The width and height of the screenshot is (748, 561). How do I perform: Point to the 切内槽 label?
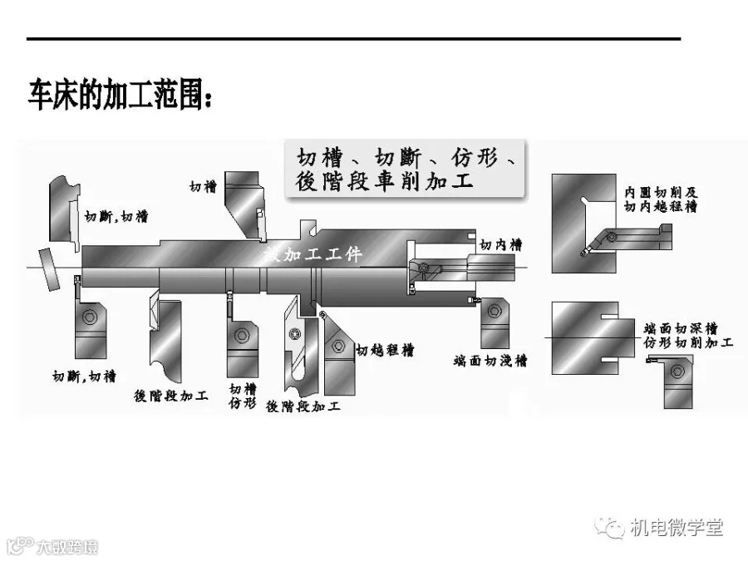pyautogui.click(x=500, y=245)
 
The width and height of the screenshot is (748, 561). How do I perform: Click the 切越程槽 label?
pyautogui.click(x=385, y=350)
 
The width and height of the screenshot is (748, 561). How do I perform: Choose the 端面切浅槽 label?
pyautogui.click(x=491, y=361)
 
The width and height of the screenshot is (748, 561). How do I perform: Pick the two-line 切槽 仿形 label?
pyautogui.click(x=243, y=396)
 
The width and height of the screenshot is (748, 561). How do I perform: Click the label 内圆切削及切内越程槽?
pyautogui.click(x=663, y=199)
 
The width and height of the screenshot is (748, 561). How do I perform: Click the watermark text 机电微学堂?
pyautogui.click(x=676, y=527)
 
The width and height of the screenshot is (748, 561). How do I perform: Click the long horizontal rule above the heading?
pyautogui.click(x=353, y=38)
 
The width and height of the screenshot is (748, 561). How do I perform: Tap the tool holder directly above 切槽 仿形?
pyautogui.click(x=242, y=340)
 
